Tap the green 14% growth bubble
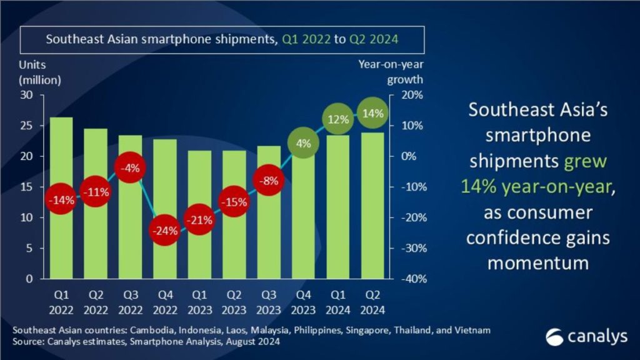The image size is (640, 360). click(x=374, y=114)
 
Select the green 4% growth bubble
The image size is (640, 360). click(x=303, y=143)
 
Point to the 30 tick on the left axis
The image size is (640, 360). click(x=27, y=95)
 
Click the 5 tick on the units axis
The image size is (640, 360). click(x=30, y=248)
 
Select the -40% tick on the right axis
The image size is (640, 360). click(x=412, y=279)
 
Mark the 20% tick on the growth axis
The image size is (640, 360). click(x=412, y=95)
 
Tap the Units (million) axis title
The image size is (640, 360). click(x=40, y=72)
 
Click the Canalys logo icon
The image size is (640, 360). click(x=554, y=336)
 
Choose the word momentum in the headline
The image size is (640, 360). click(x=538, y=262)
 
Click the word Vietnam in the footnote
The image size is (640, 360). click(x=471, y=329)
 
